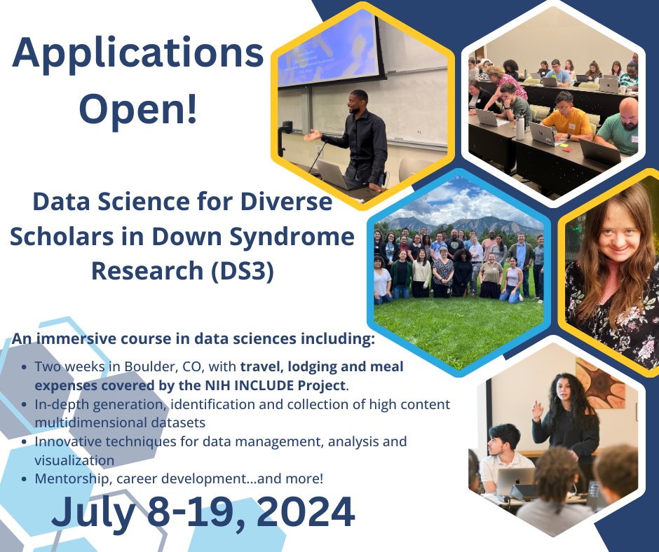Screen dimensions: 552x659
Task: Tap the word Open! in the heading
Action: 138,110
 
